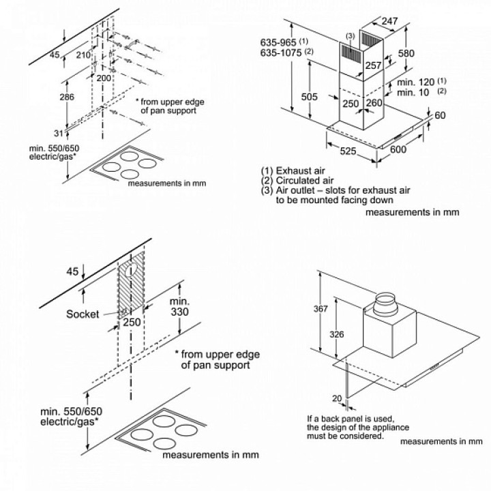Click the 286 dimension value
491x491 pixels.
tap(66, 98)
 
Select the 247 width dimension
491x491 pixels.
tap(389, 22)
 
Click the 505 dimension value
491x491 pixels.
tap(310, 98)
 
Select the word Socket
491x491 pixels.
tap(83, 314)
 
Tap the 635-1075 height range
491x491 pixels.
tap(282, 52)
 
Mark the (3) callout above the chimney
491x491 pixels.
tap(350, 35)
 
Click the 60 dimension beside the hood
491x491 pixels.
tap(440, 115)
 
